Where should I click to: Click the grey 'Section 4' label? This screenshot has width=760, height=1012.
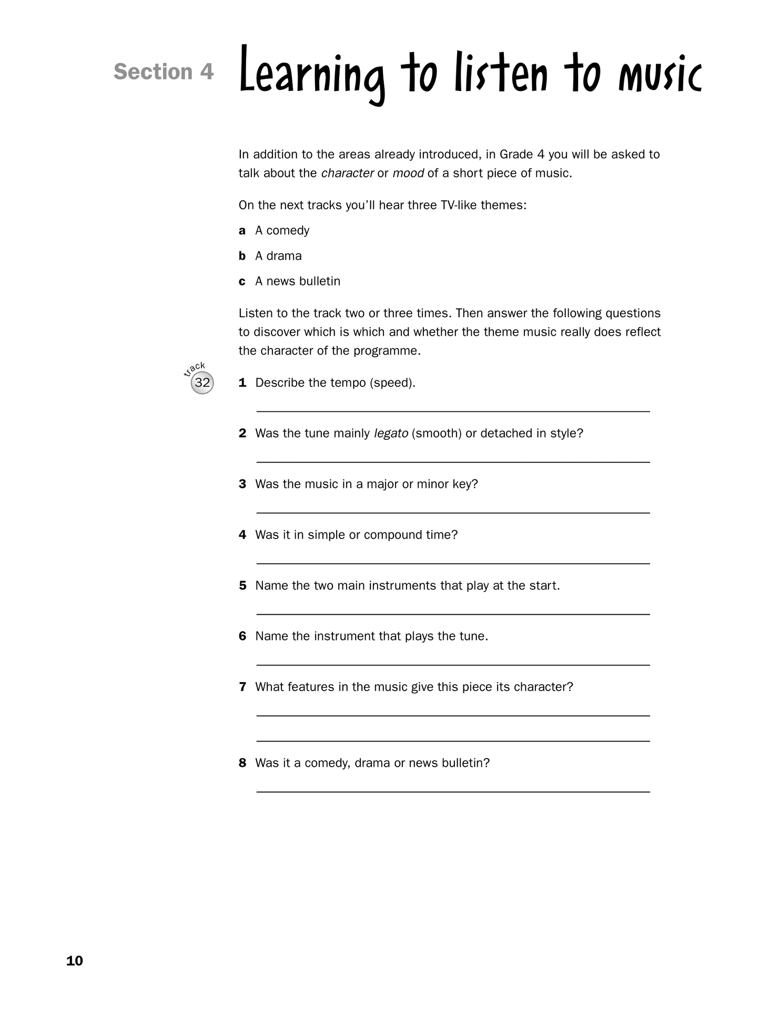tap(164, 72)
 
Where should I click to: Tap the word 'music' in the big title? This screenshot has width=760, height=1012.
tap(660, 75)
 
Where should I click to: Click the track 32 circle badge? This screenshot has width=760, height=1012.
tap(202, 382)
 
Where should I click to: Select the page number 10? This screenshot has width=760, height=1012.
tap(75, 960)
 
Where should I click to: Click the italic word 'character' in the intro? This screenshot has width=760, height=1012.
tap(347, 174)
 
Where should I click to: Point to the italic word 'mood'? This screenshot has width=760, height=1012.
tap(408, 174)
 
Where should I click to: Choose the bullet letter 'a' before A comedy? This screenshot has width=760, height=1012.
tap(242, 231)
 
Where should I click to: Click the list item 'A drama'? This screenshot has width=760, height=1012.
tap(278, 256)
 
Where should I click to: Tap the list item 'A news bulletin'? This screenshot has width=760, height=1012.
tap(298, 281)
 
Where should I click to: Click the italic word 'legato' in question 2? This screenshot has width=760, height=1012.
tap(391, 433)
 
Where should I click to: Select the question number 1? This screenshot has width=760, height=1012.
tap(242, 383)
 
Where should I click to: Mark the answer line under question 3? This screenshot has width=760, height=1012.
tap(453, 512)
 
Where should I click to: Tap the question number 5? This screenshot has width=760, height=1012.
tap(242, 585)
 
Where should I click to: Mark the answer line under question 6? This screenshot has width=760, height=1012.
tap(453, 664)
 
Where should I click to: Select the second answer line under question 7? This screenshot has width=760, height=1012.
tap(453, 741)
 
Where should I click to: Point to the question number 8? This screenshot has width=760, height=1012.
tap(242, 763)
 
